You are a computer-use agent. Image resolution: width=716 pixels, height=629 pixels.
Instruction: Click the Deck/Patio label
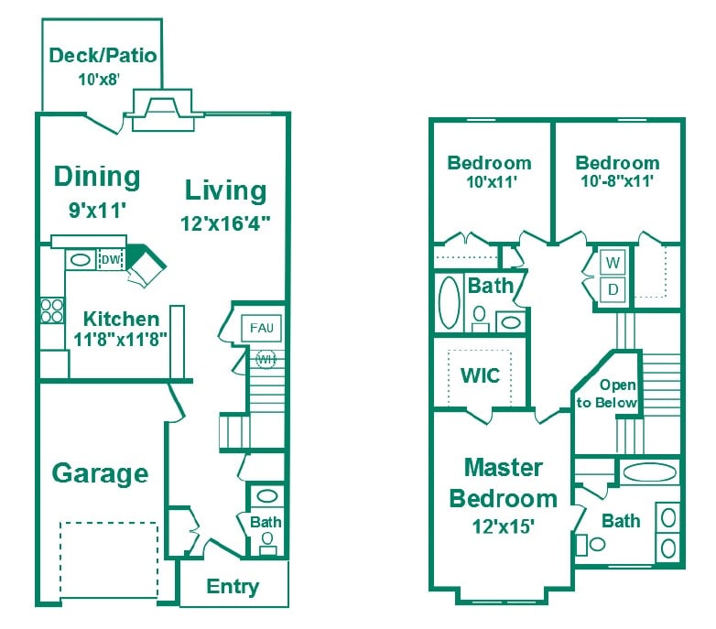pos(103,56)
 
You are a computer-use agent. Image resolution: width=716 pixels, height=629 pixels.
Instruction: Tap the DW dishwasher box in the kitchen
pos(110,260)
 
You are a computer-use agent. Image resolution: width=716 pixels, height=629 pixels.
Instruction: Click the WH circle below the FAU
pos(266,357)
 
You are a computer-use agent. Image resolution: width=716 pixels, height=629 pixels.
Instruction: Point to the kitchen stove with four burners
pos(52,310)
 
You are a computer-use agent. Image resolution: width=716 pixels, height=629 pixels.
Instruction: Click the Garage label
pos(100,473)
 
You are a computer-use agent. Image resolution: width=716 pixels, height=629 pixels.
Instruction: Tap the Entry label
pos(233,586)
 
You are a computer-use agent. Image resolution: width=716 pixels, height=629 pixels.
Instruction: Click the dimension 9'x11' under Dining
pos(96,210)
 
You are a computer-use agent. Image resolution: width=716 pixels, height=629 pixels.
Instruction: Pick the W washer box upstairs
pos(613,264)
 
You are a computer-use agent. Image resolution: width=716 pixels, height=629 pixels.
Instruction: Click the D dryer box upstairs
pos(613,290)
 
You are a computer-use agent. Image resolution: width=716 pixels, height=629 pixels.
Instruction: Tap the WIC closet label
pos(479,375)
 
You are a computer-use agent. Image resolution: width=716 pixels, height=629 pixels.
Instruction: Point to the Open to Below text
pos(606,394)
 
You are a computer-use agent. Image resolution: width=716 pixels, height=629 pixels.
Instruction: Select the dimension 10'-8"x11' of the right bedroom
pos(616,181)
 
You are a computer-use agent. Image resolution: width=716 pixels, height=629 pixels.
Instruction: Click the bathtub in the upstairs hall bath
pos(449,303)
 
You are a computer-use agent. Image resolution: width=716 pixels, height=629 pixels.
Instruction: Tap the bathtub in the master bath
pos(649,473)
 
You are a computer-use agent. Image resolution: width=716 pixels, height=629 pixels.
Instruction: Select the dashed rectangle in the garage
pos(109,558)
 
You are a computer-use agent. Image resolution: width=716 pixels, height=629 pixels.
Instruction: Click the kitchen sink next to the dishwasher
pos(81,260)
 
